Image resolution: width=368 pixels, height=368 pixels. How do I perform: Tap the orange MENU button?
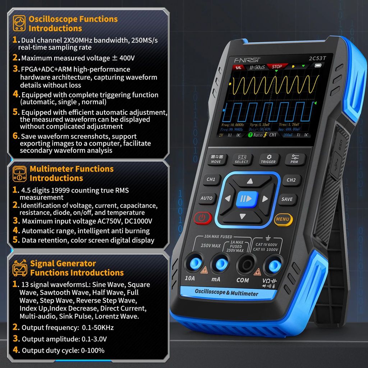coord(283,219)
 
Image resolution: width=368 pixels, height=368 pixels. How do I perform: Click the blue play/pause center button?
coord(247,198)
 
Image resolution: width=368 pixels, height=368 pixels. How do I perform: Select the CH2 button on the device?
coord(291,180)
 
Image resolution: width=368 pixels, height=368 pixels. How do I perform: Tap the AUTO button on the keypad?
coord(207,198)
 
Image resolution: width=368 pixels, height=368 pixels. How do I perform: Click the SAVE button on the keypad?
coord(287,199)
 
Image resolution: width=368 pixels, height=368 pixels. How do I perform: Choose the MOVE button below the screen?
coord(216,159)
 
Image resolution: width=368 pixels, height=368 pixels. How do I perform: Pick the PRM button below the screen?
coord(295,159)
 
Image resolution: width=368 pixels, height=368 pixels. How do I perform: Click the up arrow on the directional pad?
coord(250,181)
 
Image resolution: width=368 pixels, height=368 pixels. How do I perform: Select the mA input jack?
coord(220,264)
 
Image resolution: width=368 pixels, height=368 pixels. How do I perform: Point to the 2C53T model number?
coord(310,58)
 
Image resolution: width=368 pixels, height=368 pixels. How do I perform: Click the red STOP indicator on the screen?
coord(277,67)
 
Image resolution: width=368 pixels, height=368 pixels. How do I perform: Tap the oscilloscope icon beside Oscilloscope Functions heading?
coord(19,23)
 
